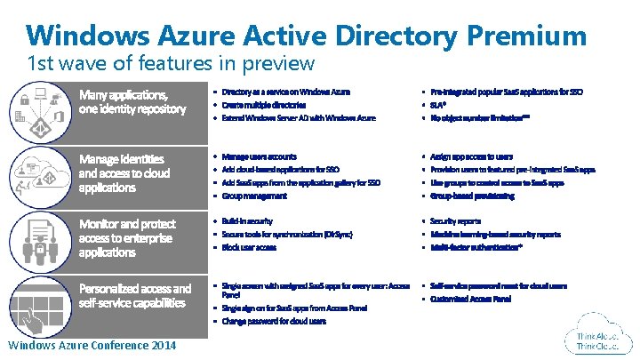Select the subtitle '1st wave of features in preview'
click(170, 63)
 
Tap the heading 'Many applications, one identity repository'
click(132, 101)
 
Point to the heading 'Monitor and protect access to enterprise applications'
click(127, 237)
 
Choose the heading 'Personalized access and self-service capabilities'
click(134, 295)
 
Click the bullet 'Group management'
click(254, 196)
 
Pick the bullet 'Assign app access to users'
click(471, 156)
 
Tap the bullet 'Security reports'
click(455, 220)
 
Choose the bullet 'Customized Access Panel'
click(470, 300)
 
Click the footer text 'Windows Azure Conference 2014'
click(92, 345)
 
